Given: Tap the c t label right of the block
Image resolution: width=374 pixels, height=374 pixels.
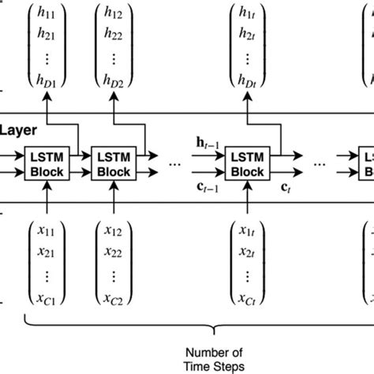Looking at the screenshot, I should point(284,188).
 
